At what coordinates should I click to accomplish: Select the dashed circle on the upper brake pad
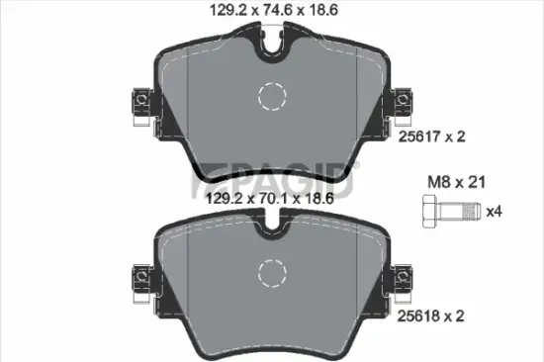[271, 97]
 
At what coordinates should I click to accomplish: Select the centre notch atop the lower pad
[271, 228]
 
